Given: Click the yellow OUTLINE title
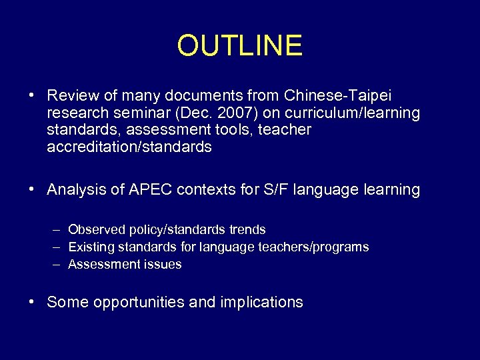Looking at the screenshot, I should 240,46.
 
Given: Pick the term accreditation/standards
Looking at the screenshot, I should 129,147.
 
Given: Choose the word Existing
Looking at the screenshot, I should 91,247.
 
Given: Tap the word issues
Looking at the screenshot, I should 163,265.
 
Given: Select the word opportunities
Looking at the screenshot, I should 139,303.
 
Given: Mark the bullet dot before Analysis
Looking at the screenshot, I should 32,189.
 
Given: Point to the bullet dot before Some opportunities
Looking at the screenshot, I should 32,302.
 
